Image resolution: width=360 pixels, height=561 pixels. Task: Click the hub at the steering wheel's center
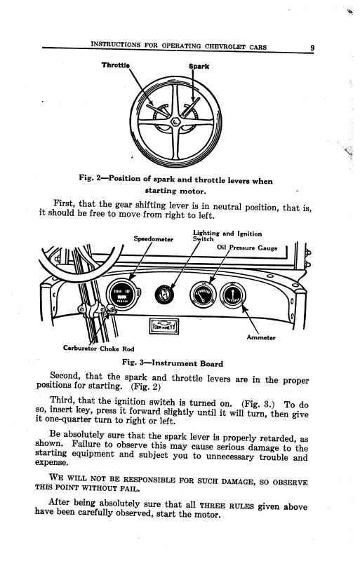[x=175, y=123]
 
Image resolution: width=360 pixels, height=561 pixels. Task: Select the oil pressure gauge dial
[x=202, y=295]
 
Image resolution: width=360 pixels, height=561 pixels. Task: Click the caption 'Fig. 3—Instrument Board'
[x=173, y=363]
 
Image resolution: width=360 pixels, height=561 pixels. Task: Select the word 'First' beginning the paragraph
[x=65, y=205]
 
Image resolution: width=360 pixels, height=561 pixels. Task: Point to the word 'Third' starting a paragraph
[x=65, y=404]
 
